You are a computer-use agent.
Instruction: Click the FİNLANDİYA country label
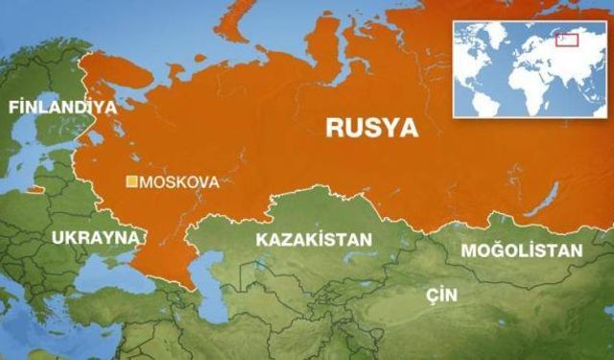coord(61,107)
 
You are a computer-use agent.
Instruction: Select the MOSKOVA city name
coord(179,180)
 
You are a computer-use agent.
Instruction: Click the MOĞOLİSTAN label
coord(522,251)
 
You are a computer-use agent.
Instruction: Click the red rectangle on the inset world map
coord(567,39)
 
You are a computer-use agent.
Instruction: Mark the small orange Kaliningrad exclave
coord(35,189)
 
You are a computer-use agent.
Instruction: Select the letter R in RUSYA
coord(335,126)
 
